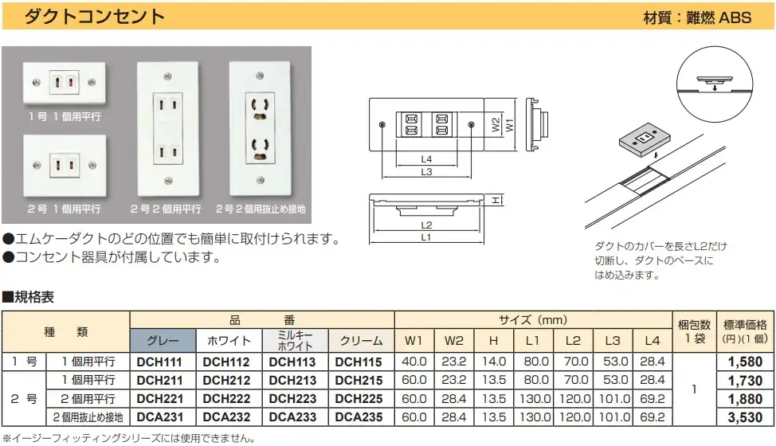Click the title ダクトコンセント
click(x=94, y=16)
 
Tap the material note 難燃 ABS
click(x=719, y=18)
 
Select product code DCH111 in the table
click(x=160, y=362)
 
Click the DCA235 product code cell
click(x=359, y=417)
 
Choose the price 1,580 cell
click(x=745, y=362)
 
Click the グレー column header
click(x=163, y=341)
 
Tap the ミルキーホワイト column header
click(x=295, y=341)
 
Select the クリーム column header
click(x=361, y=341)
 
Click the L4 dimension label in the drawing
click(x=426, y=159)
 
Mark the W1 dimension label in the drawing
click(x=509, y=124)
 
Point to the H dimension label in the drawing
click(x=496, y=200)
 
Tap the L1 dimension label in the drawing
click(x=425, y=237)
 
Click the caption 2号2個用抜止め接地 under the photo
click(x=261, y=209)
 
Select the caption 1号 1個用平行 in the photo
click(x=65, y=117)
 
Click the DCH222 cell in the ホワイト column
click(x=226, y=399)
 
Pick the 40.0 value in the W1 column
click(x=414, y=362)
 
